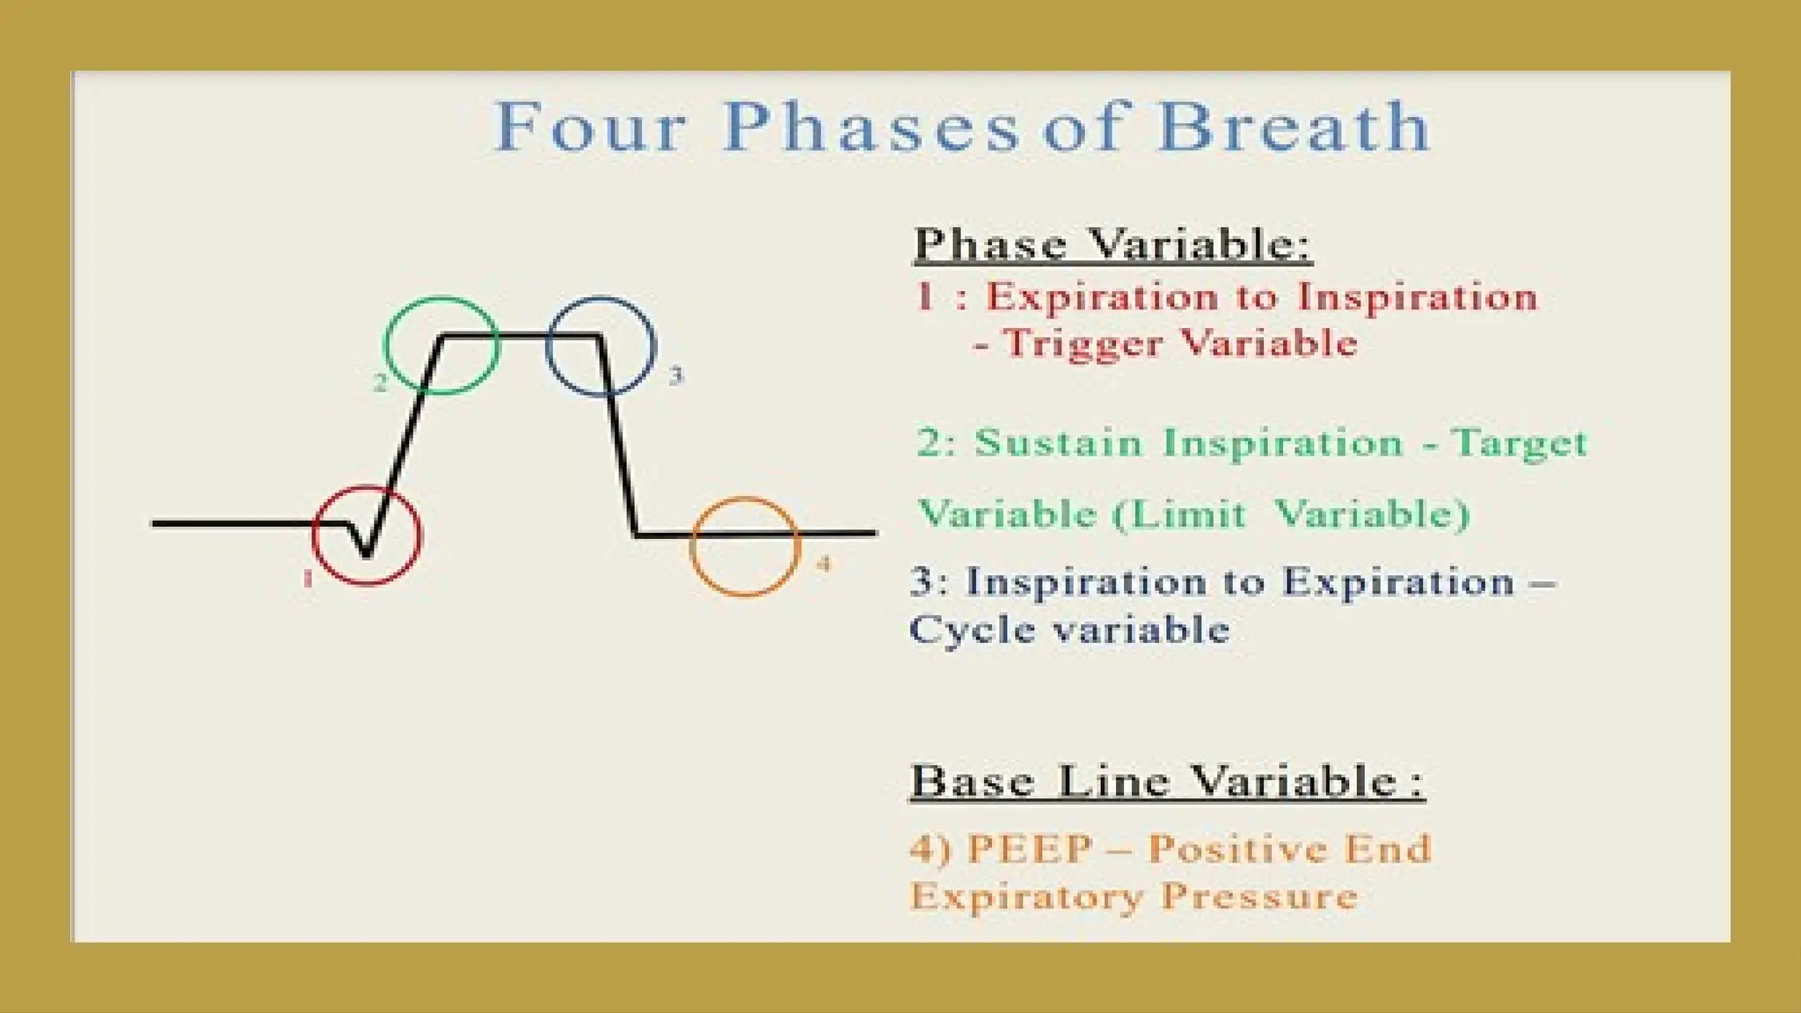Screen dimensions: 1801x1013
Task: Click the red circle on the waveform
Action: pos(315,536)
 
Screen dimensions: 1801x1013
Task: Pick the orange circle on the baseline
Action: pos(692,547)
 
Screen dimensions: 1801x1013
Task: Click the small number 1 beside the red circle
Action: pos(308,579)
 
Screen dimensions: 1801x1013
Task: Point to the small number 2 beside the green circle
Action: pos(380,383)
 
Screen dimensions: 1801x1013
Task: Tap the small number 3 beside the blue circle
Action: pos(675,375)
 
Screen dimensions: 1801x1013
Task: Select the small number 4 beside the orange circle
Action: pos(824,563)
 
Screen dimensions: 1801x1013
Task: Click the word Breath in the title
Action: pos(1294,127)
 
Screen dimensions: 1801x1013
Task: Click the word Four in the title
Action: pos(590,128)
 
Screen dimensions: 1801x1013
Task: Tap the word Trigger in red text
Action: pos(1082,344)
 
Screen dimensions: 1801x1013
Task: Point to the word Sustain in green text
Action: pos(1058,442)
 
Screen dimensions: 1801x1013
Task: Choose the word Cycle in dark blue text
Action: pos(972,630)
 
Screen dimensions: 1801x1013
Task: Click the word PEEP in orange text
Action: pos(1031,849)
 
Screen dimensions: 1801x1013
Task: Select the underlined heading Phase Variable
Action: pos(1112,244)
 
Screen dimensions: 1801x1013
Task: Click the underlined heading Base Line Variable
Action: pos(1167,781)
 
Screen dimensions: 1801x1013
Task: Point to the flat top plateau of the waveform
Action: pos(521,335)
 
